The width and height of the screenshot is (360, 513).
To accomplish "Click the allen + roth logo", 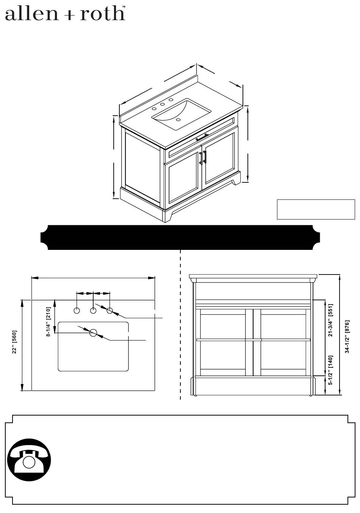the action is click(x=65, y=13).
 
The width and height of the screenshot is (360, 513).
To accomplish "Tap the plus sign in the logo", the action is click(x=71, y=16).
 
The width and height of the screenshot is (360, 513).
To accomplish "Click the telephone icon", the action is click(x=29, y=460).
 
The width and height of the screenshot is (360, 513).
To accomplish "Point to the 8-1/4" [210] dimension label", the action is click(x=48, y=322).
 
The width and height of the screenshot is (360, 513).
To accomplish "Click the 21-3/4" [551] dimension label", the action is click(x=330, y=320).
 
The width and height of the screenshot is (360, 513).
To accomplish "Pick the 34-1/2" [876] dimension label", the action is click(x=347, y=337).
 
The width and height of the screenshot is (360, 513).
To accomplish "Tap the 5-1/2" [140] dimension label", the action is click(x=330, y=370).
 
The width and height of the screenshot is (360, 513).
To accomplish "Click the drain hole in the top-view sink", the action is click(x=93, y=333).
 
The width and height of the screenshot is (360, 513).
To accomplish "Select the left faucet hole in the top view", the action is click(x=77, y=311).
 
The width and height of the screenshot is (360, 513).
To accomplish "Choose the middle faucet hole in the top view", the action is click(x=93, y=311).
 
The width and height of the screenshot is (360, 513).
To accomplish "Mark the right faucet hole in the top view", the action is click(x=110, y=311).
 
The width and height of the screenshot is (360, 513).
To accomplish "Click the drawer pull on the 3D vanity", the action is click(x=202, y=137).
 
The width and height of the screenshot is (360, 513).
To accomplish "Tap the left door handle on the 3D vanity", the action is click(x=201, y=158).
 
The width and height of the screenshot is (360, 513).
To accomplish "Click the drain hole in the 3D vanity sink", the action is click(x=178, y=119).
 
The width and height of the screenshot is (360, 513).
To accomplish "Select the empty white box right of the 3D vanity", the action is click(x=316, y=209).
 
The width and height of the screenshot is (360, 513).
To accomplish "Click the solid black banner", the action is click(x=180, y=237).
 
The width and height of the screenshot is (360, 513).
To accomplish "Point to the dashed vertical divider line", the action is click(x=180, y=325).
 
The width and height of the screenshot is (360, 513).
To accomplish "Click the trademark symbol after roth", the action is click(x=124, y=7).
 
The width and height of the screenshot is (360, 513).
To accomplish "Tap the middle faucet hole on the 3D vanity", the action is click(x=163, y=104).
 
